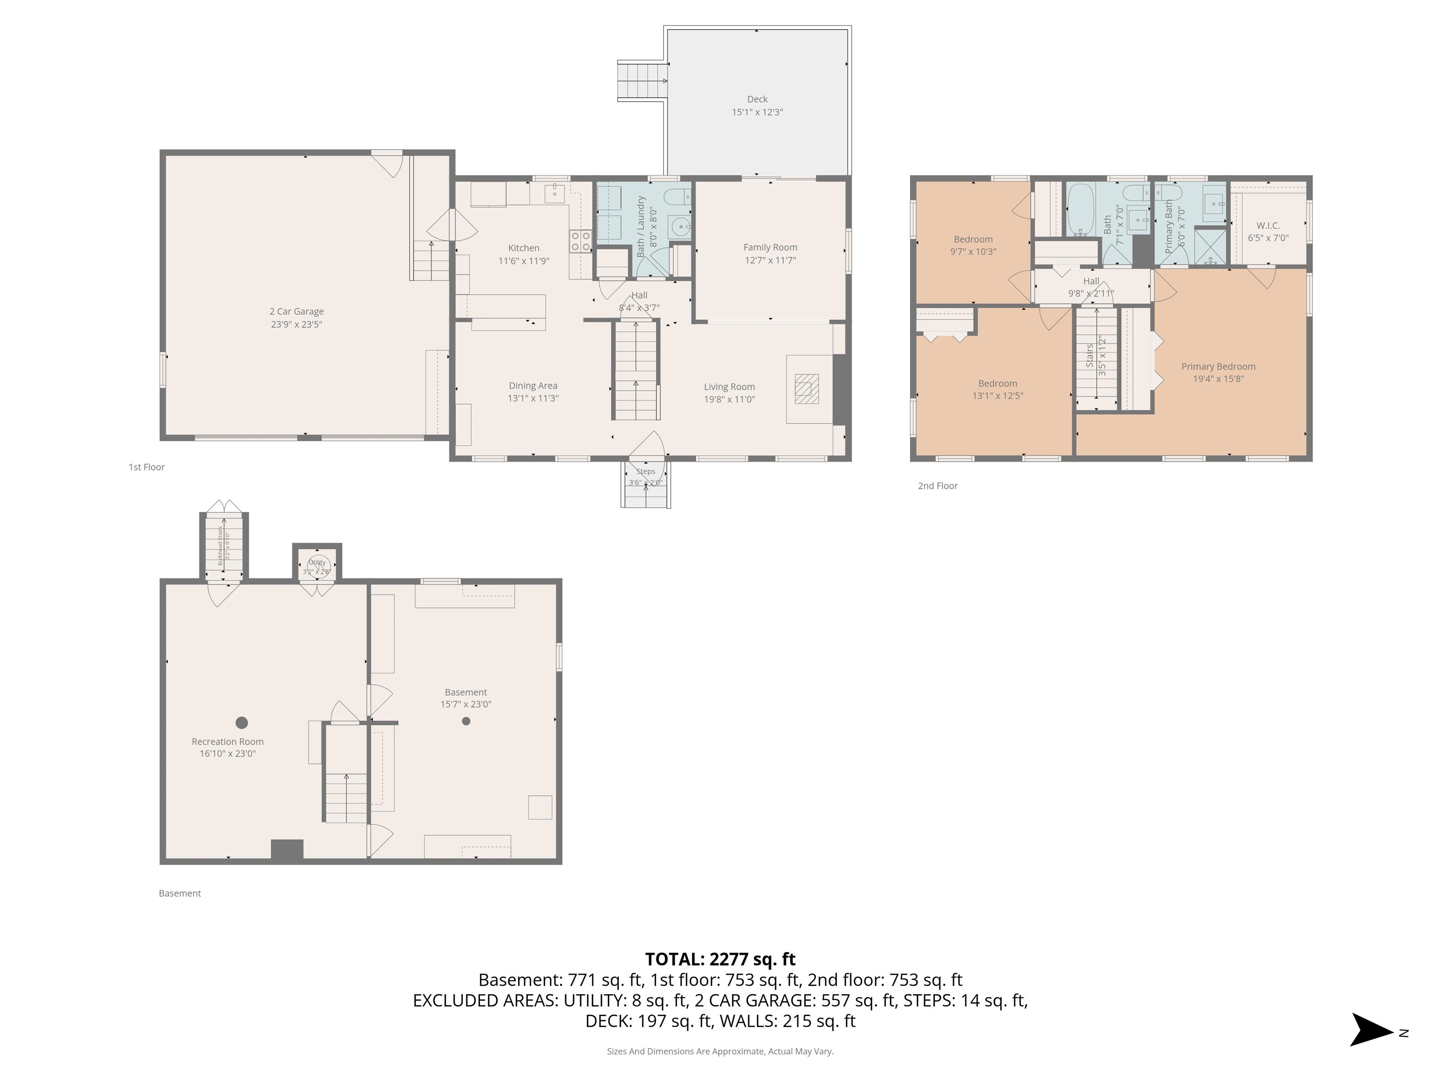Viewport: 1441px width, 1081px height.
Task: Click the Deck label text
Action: pyautogui.click(x=757, y=99)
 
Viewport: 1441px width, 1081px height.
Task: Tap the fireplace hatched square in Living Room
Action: pyautogui.click(x=806, y=389)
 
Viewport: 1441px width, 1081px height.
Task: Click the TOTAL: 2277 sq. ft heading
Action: pyautogui.click(x=720, y=959)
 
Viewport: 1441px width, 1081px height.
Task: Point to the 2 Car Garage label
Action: pyautogui.click(x=296, y=312)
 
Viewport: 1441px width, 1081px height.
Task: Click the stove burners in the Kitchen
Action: pyautogui.click(x=580, y=242)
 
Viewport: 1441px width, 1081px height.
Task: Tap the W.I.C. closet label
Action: pyautogui.click(x=1268, y=226)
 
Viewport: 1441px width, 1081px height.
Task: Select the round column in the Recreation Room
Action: pyautogui.click(x=242, y=722)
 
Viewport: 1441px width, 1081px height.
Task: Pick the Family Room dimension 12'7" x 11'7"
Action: pyautogui.click(x=770, y=260)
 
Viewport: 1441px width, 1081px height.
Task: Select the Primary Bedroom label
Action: pyautogui.click(x=1218, y=366)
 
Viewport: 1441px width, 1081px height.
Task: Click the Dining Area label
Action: pyautogui.click(x=533, y=386)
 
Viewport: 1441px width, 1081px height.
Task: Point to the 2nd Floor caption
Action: pyautogui.click(x=937, y=486)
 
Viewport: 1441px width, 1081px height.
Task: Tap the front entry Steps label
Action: pyautogui.click(x=645, y=472)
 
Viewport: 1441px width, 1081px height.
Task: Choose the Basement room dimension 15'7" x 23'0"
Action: pyautogui.click(x=466, y=704)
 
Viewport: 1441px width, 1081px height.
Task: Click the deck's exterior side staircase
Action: pyautogui.click(x=642, y=81)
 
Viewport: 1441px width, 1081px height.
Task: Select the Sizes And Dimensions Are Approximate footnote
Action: pyautogui.click(x=720, y=1051)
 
